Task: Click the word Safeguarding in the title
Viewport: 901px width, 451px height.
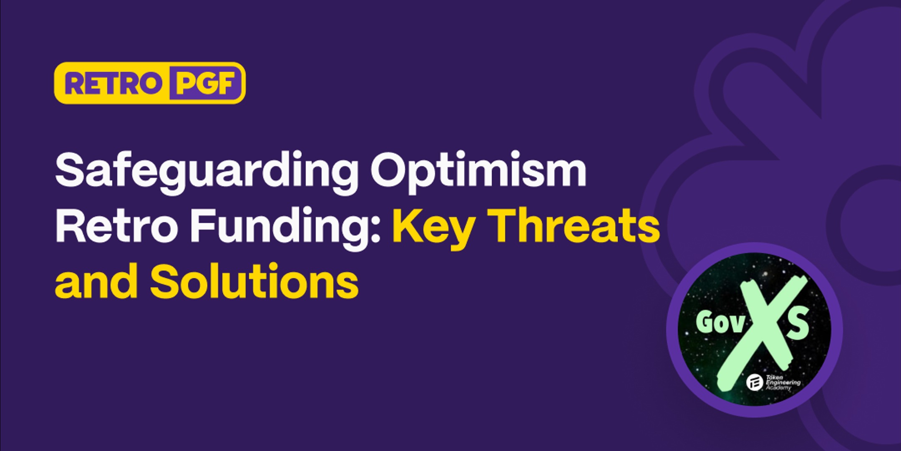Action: [x=206, y=171]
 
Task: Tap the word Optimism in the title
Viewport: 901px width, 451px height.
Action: [x=478, y=171]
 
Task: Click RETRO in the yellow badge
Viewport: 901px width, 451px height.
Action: [x=113, y=83]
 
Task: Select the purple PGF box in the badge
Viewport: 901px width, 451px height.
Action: [x=205, y=83]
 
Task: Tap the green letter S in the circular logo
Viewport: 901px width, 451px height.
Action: [x=798, y=324]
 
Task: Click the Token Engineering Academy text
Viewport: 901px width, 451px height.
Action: [x=783, y=383]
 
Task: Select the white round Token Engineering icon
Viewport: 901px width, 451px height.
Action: [x=755, y=382]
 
